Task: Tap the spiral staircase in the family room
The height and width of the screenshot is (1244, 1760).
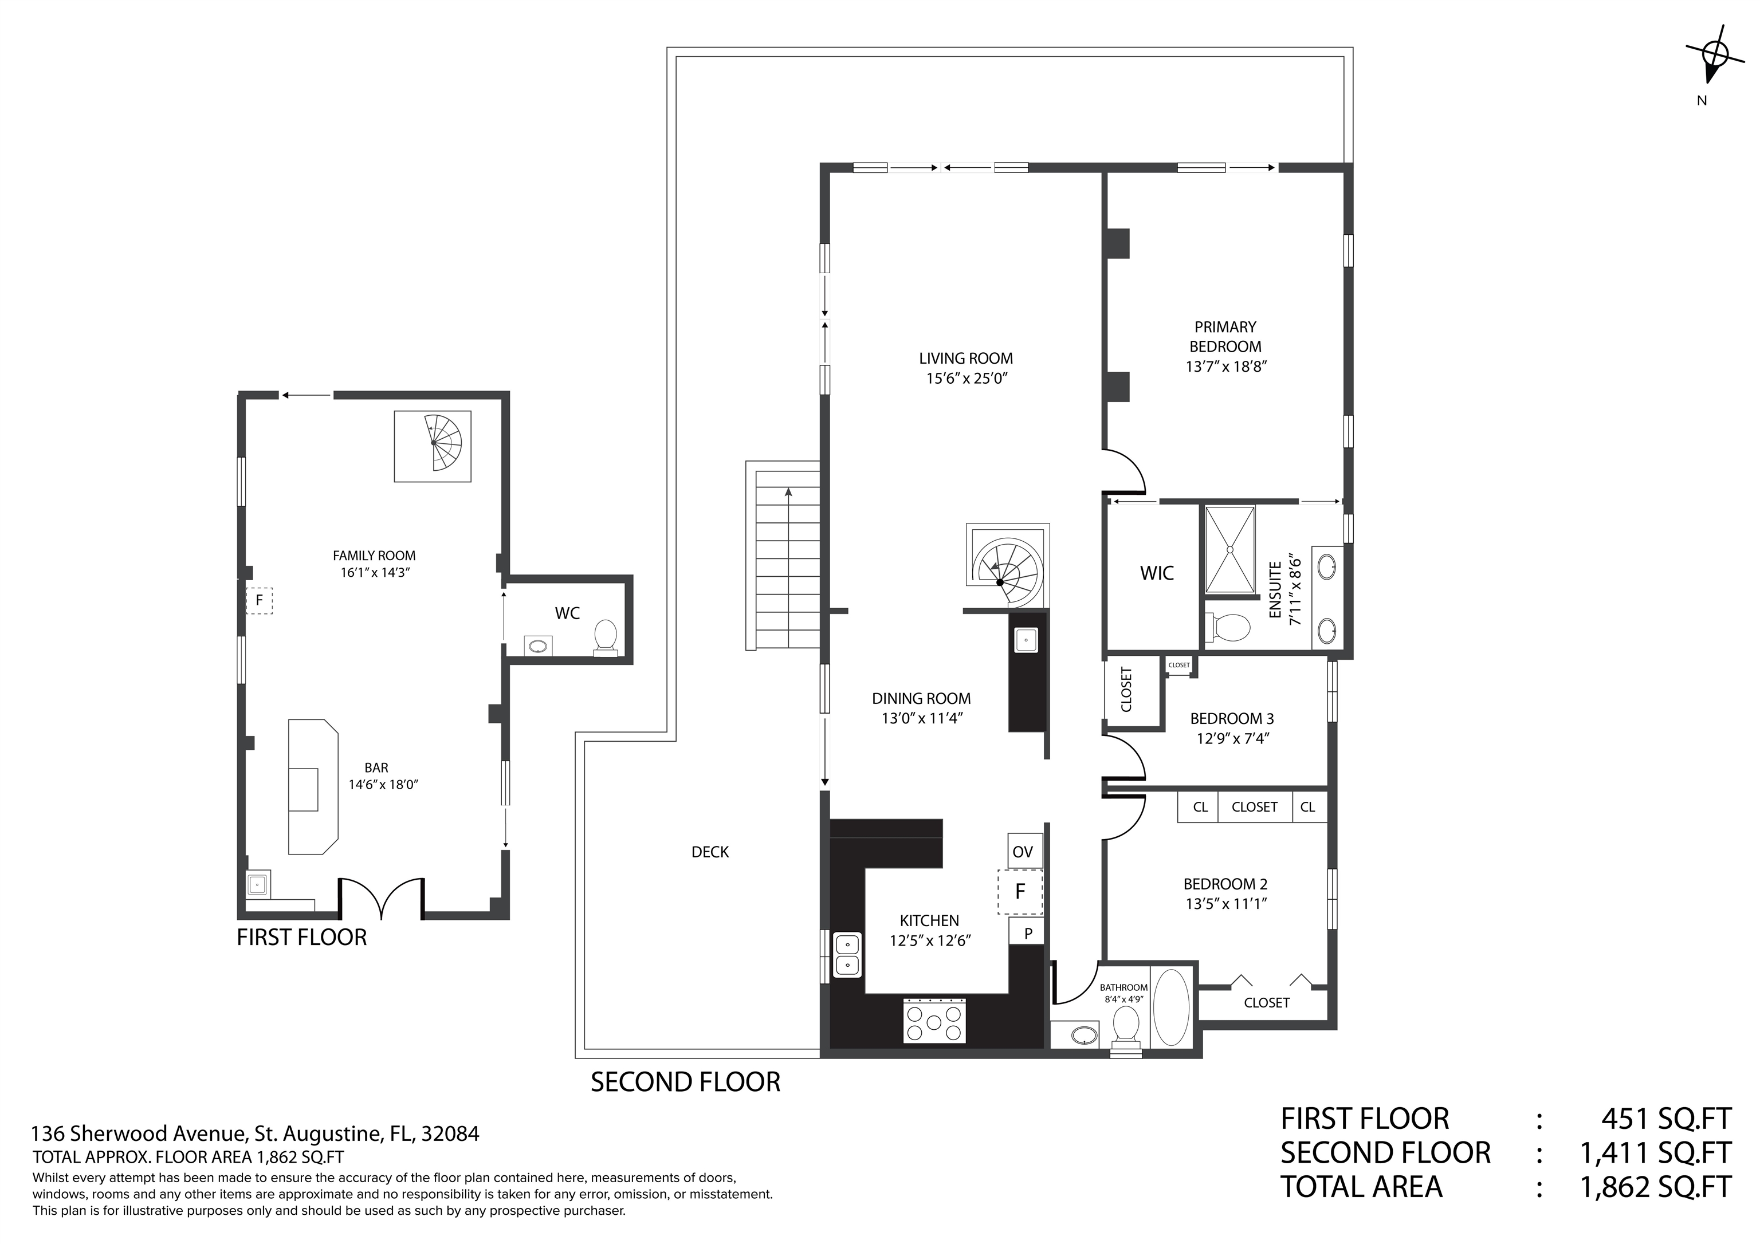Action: coord(434,446)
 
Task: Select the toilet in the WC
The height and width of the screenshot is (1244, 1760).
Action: coord(606,637)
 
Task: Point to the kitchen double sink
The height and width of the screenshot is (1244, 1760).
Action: coord(847,954)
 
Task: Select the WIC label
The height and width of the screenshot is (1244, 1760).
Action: coord(1157,573)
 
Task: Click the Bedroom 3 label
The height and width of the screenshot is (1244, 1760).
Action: coord(1232,718)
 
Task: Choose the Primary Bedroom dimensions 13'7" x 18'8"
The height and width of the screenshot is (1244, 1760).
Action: coord(1225,367)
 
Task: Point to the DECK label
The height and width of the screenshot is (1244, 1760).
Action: coord(710,852)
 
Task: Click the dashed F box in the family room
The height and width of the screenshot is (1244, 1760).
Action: coord(259,600)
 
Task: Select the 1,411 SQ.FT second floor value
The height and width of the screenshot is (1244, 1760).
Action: coord(1655,1153)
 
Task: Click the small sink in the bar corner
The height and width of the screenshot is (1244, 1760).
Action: coord(258,884)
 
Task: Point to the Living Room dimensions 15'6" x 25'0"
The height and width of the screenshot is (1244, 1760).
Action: coord(966,378)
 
